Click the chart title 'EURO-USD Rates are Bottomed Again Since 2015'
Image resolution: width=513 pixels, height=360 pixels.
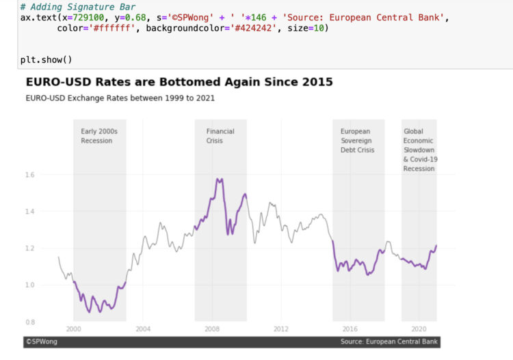coord(179,82)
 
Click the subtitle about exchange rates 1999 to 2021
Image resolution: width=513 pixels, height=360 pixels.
coord(120,98)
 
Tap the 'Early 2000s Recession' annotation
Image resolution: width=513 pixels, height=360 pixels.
coord(99,136)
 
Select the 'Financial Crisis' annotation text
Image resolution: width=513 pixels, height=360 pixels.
coord(220,136)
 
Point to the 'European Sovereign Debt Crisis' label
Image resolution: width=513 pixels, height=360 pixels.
coord(357,140)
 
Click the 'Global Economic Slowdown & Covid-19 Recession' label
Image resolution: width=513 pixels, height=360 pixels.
coord(419,149)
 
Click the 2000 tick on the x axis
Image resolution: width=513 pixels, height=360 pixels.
coord(74,329)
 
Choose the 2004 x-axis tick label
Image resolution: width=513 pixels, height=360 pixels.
coord(143,329)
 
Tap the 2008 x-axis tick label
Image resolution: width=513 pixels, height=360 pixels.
coord(212,329)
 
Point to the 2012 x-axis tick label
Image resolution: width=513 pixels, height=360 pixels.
coord(281,329)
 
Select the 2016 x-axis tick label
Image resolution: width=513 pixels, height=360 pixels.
coord(350,329)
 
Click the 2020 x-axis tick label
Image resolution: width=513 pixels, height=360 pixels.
coord(419,329)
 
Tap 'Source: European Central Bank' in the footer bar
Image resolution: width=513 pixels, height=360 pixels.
coord(389,341)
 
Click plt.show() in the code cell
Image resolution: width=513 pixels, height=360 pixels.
coord(46,60)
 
